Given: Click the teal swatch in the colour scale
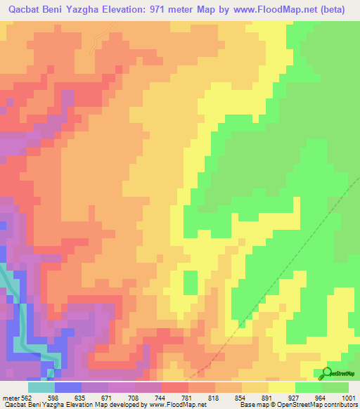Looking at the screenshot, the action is pyautogui.click(x=41, y=387).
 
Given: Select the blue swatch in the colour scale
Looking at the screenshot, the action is pyautogui.click(x=68, y=387).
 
